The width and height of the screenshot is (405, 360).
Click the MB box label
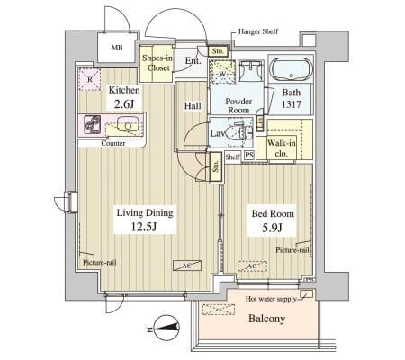pyautogui.click(x=117, y=48)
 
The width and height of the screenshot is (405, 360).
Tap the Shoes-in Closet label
pyautogui.click(x=158, y=62)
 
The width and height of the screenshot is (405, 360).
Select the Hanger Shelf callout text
pyautogui.click(x=258, y=31)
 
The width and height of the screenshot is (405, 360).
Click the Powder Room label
pyautogui.click(x=238, y=107)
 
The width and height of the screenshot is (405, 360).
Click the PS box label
pyautogui.click(x=249, y=156)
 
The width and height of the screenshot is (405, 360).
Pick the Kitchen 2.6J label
pyautogui.click(x=124, y=98)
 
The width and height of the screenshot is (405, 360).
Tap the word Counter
pyautogui.click(x=112, y=143)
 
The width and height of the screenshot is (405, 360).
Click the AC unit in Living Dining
pyautogui.click(x=186, y=265)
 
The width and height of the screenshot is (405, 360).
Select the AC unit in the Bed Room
pyautogui.click(x=251, y=265)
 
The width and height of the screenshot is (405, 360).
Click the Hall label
pyautogui.click(x=193, y=106)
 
